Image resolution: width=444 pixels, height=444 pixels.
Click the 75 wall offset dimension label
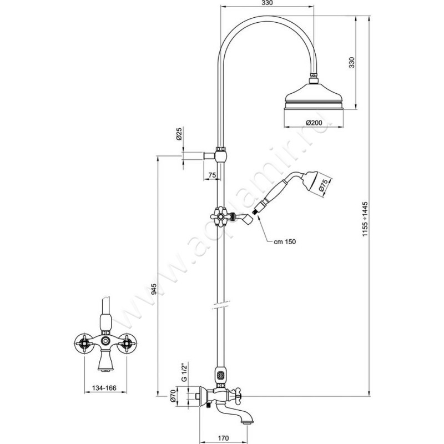coord(211,175)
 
